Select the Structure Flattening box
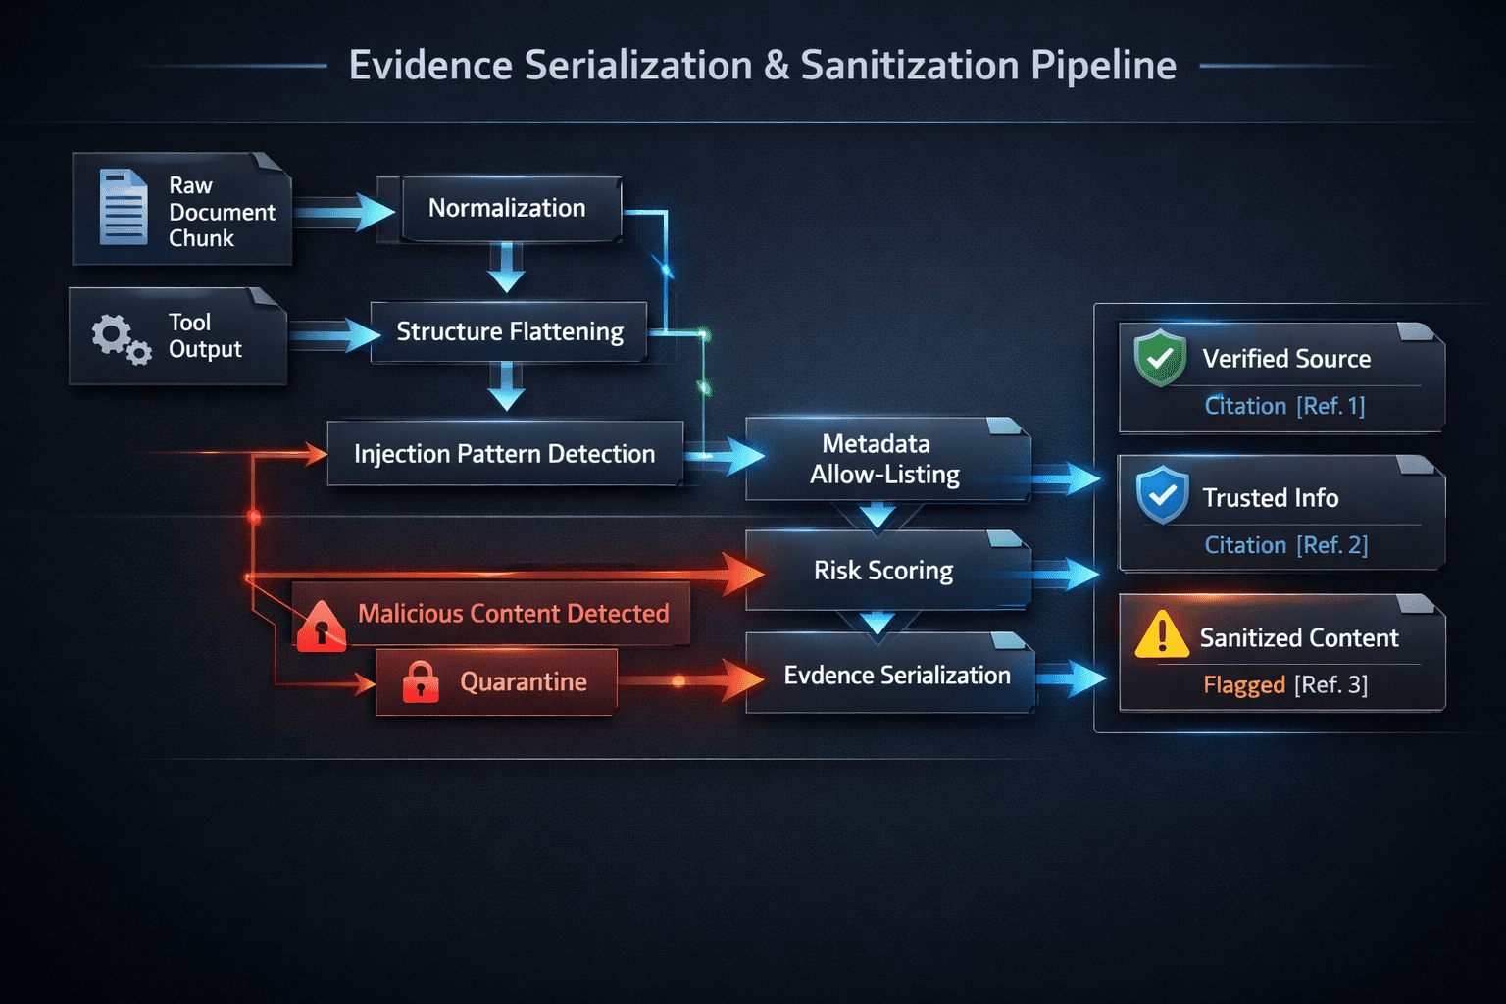pos(509,331)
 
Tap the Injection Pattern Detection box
pos(505,453)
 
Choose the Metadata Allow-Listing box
pos(887,459)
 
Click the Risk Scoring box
pos(887,571)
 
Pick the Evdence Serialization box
pos(890,674)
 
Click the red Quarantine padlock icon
pos(421,681)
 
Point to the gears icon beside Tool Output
pos(122,339)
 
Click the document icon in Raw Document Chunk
pos(123,207)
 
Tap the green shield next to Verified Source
pos(1160,357)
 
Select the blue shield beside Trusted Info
pos(1162,495)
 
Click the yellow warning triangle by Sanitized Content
pos(1161,634)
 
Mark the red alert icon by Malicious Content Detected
pos(321,627)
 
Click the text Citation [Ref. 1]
pos(1284,406)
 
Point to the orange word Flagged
pos(1244,684)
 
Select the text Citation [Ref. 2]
pos(1286,545)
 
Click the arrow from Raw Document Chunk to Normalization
pos(344,212)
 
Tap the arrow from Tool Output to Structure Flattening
pos(333,335)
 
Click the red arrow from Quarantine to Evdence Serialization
pos(690,681)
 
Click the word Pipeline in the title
pos(1103,66)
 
